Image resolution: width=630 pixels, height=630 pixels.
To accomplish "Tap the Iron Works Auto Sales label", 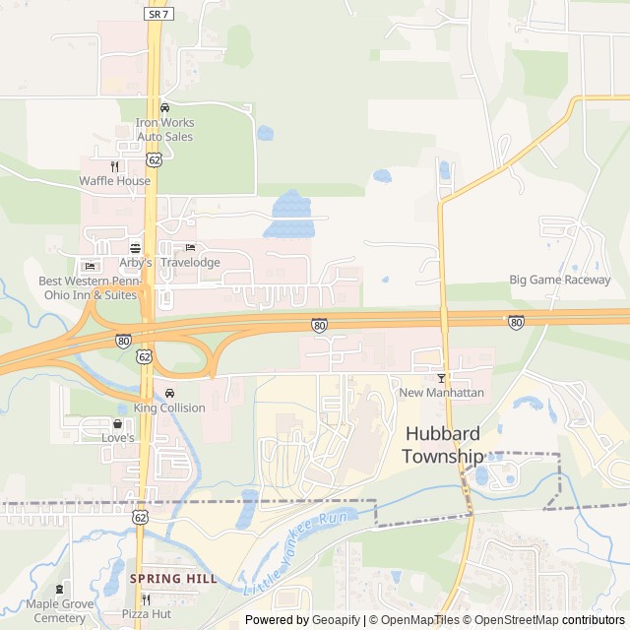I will click(164, 129).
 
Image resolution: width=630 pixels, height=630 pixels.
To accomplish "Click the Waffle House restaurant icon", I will click(115, 166).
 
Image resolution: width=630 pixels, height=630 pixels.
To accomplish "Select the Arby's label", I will click(135, 263).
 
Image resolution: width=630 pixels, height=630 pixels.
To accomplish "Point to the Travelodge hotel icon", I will click(190, 247).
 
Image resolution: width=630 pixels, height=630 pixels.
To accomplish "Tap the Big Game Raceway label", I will click(559, 280).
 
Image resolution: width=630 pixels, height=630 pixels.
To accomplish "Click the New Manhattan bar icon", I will click(441, 378).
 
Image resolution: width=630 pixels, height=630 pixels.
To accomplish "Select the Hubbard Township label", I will click(443, 445).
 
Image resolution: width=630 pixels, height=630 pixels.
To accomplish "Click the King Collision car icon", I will click(169, 393).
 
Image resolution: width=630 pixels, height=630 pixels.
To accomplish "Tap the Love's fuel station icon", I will click(117, 423).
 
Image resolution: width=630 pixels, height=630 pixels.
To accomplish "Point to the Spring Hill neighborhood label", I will click(173, 579).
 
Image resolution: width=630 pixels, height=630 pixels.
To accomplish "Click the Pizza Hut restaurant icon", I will click(146, 598).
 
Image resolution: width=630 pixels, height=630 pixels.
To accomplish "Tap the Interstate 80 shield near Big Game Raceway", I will click(516, 322).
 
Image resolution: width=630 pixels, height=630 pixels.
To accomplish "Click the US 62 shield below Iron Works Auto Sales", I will click(155, 157).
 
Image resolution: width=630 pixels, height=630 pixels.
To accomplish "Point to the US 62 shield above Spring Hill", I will click(141, 517).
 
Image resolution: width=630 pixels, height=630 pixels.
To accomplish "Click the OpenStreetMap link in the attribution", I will click(512, 620).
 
